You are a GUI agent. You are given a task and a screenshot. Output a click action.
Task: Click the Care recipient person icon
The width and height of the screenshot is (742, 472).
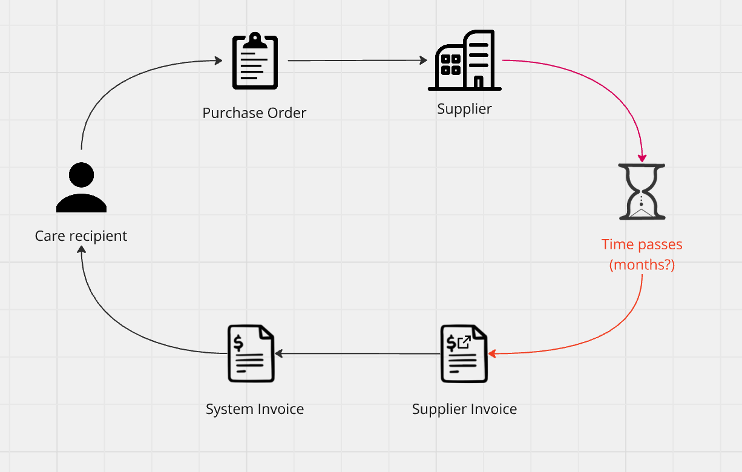(81, 188)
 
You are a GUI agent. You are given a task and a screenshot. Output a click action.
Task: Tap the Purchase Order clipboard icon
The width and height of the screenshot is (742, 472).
(255, 61)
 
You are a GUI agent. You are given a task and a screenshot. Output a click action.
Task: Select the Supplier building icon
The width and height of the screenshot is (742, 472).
(465, 61)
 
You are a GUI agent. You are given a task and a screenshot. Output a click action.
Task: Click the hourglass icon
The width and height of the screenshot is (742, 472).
(642, 191)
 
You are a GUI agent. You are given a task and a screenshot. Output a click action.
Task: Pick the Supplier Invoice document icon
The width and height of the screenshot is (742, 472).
(464, 354)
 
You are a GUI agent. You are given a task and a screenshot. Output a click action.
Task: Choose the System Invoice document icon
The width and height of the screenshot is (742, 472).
(251, 354)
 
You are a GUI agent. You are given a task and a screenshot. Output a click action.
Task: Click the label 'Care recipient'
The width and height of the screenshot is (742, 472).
(81, 236)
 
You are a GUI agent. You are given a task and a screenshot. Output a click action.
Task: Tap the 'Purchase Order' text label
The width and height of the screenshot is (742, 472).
(254, 113)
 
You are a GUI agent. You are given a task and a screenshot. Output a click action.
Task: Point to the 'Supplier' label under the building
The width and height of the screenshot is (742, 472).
(464, 109)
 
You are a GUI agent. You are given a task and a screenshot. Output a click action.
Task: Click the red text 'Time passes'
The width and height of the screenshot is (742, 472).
(642, 244)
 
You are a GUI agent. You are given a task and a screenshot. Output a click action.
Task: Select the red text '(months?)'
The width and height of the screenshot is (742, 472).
(642, 264)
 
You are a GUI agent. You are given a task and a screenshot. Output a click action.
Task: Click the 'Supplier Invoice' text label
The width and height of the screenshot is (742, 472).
(464, 409)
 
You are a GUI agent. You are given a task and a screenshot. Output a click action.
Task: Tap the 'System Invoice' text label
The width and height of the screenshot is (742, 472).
(255, 409)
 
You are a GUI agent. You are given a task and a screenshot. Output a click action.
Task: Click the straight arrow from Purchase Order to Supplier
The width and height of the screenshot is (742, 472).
(357, 61)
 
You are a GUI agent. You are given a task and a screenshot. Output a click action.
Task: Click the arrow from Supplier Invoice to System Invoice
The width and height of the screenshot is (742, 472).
(357, 353)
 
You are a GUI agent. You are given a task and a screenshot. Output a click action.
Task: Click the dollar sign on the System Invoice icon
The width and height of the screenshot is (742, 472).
(238, 343)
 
